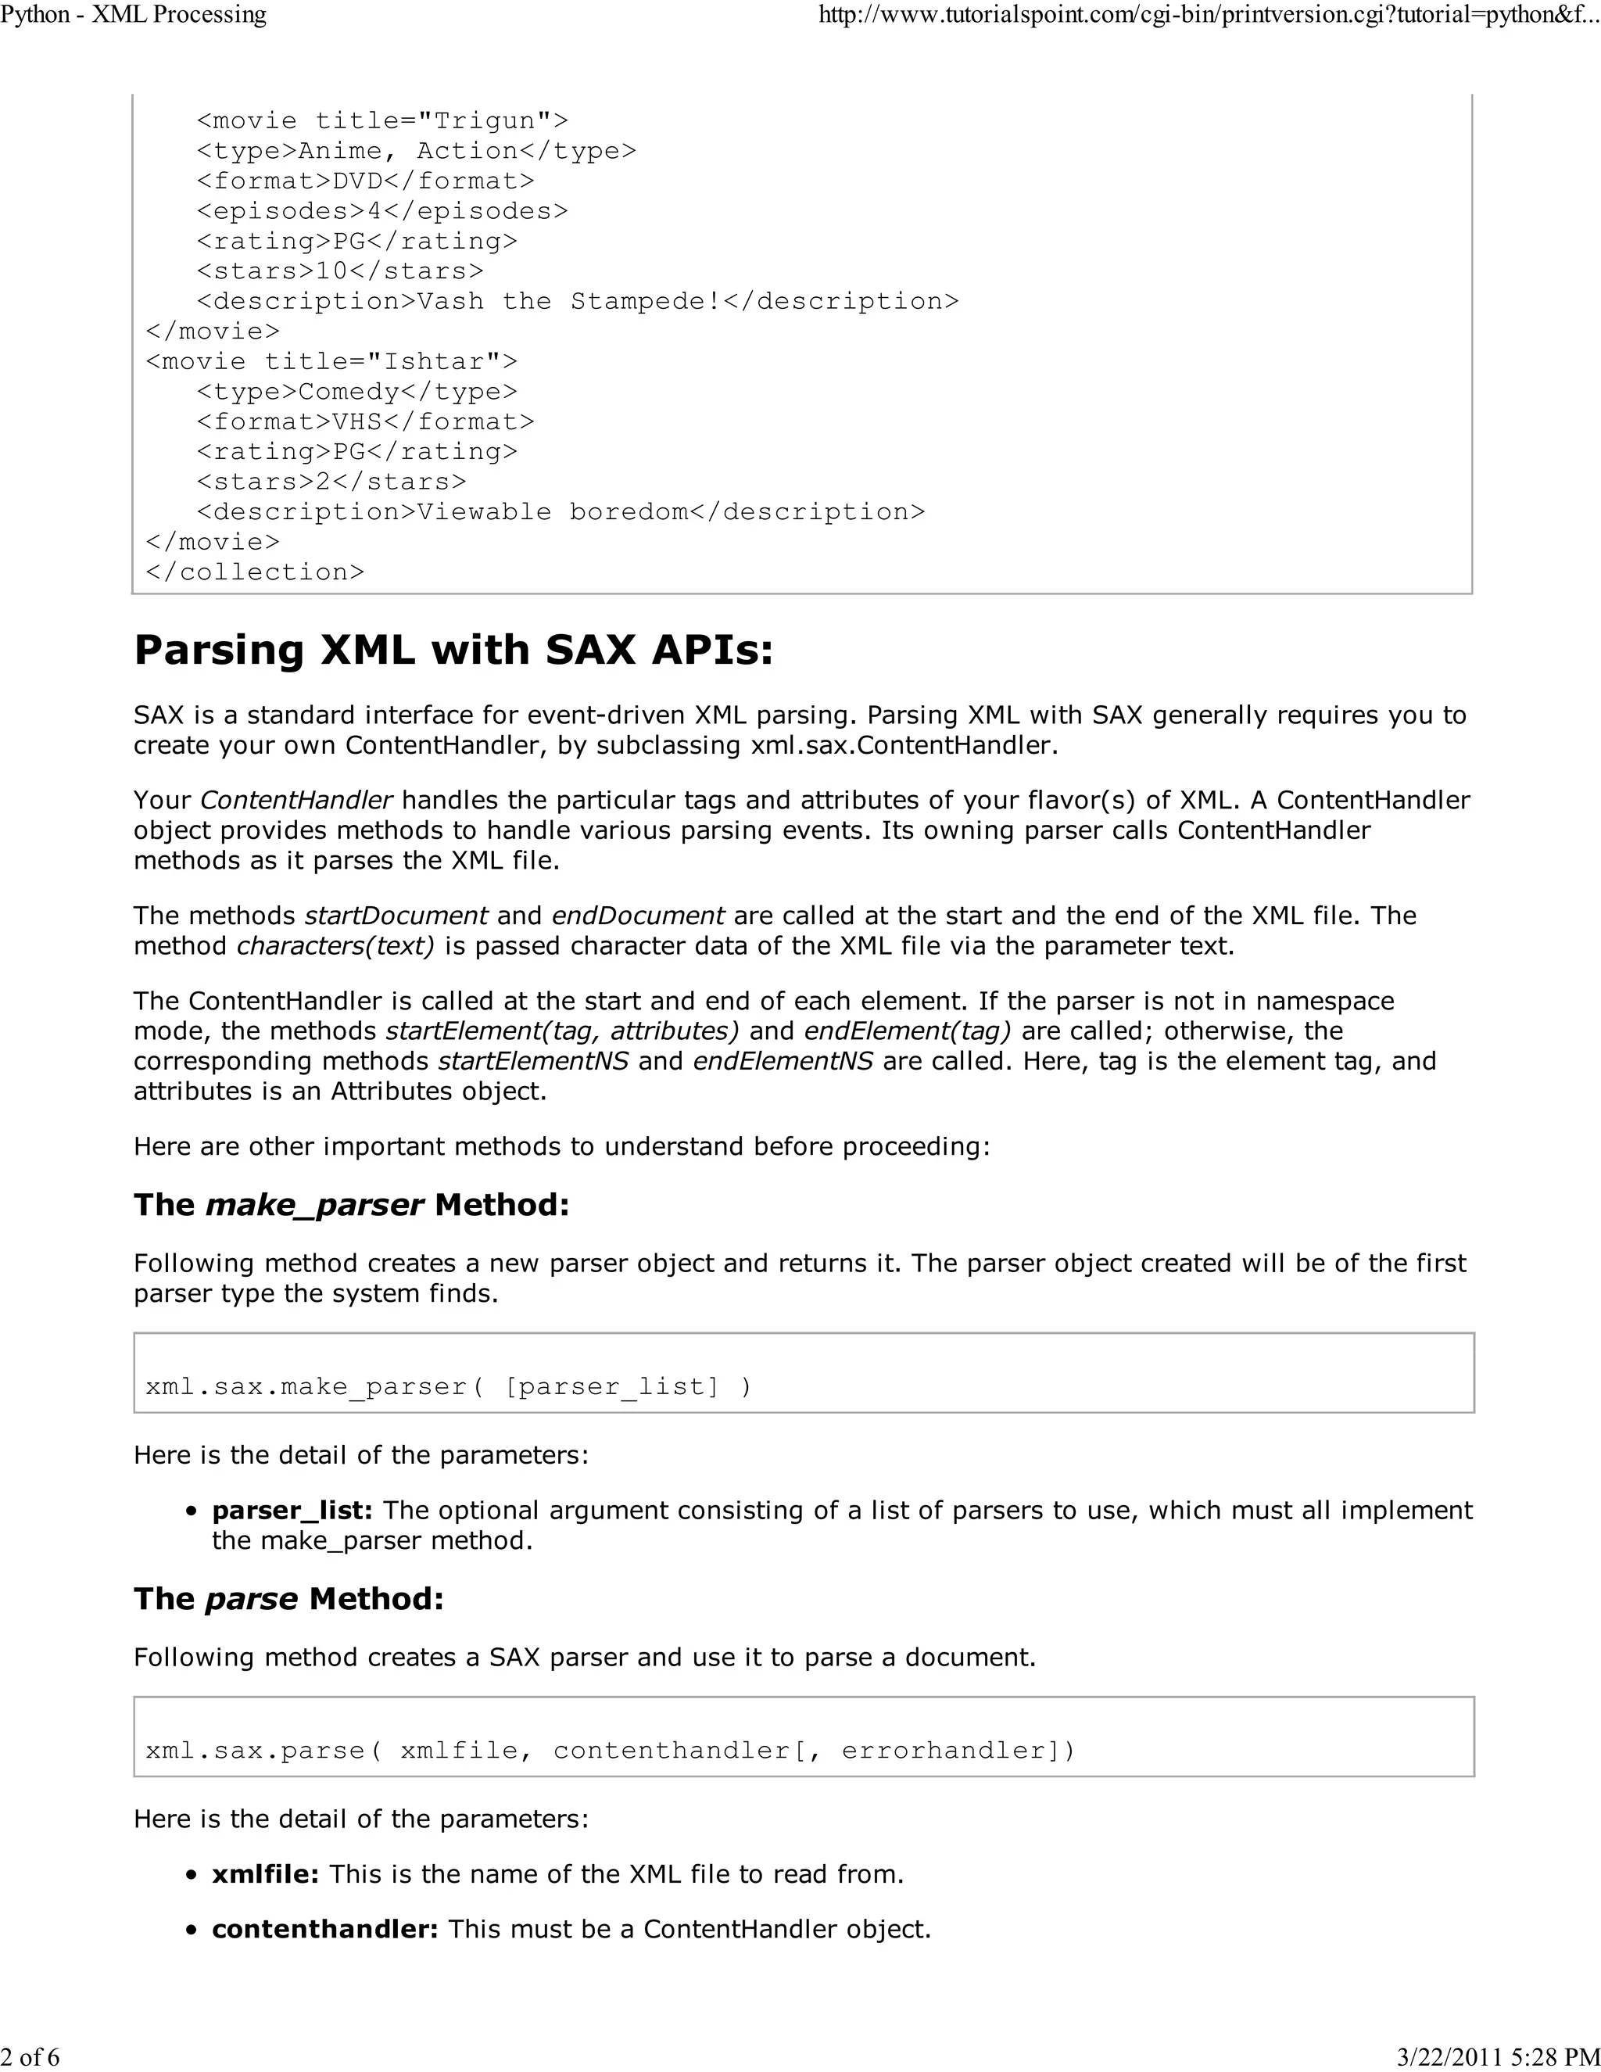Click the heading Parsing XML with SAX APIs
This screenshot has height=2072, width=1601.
coord(453,651)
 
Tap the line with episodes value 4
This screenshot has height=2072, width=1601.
coord(382,210)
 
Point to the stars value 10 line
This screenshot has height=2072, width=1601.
coord(339,271)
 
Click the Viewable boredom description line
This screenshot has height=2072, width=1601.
coord(560,512)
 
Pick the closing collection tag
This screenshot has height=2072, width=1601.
coord(255,572)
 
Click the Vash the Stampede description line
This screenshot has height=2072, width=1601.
coord(578,302)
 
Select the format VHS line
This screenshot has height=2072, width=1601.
coord(365,422)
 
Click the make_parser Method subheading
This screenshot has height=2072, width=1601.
coord(351,1205)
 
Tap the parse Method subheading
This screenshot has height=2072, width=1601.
coord(288,1599)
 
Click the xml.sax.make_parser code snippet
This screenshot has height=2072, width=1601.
coord(449,1387)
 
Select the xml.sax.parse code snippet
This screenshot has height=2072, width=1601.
coord(610,1751)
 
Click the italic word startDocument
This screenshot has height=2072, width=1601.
coord(396,916)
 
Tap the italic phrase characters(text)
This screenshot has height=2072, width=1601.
coord(335,946)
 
